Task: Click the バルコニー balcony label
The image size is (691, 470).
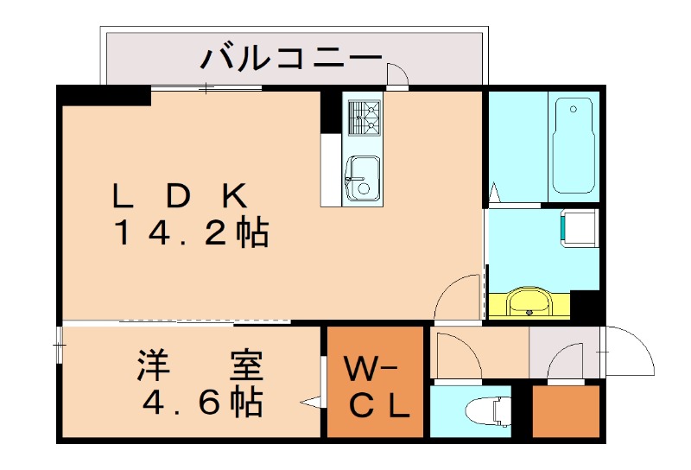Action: click(291, 59)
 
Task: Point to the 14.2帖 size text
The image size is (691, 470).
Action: click(192, 233)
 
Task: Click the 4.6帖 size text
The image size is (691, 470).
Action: click(200, 402)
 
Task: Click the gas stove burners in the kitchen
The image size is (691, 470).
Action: click(364, 117)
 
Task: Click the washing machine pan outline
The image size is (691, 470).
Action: click(580, 227)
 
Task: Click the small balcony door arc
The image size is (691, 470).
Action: click(398, 76)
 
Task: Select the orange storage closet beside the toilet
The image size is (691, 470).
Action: click(566, 411)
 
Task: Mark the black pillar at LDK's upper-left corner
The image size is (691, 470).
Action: click(104, 95)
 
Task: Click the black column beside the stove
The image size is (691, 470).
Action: click(331, 111)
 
